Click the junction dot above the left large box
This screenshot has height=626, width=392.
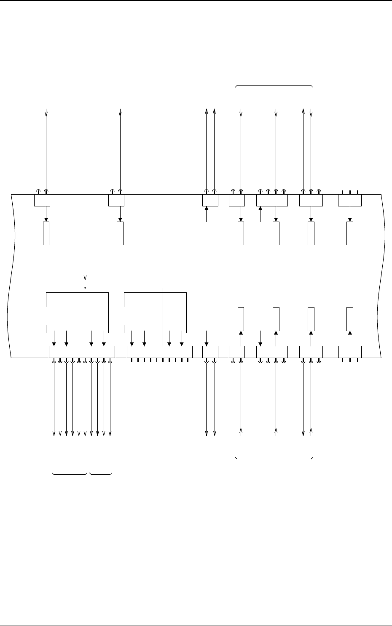click(85, 288)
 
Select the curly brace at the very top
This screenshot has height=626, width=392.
click(274, 86)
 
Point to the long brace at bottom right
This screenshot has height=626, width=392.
click(274, 458)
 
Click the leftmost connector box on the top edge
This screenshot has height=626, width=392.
click(42, 200)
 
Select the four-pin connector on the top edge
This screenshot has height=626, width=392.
click(272, 200)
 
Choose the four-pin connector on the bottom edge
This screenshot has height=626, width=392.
click(272, 352)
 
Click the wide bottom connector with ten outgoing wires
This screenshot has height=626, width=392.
click(82, 352)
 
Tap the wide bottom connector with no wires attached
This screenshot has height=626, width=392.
click(159, 352)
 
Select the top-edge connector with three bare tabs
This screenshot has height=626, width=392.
click(350, 200)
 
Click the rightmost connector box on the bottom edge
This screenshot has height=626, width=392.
click(350, 352)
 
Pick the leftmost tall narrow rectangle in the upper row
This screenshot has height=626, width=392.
click(46, 233)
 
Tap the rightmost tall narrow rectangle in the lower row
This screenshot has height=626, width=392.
click(350, 319)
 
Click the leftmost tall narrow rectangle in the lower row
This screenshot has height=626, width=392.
click(241, 319)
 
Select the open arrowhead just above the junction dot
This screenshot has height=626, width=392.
click(85, 277)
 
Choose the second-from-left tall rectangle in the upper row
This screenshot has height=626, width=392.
click(120, 233)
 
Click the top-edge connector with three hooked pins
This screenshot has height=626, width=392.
click(311, 200)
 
